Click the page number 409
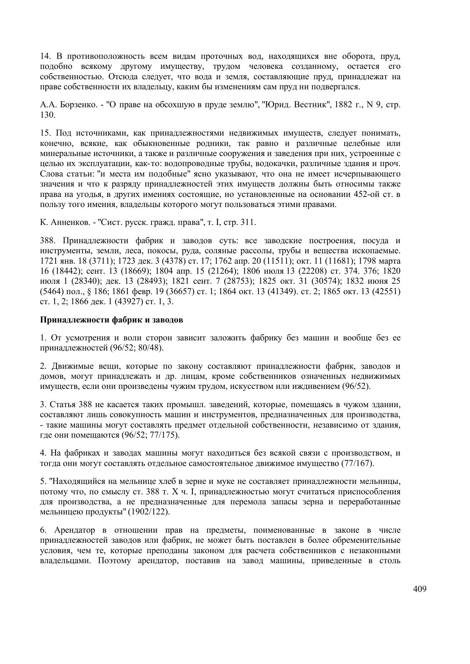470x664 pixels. [x=419, y=589]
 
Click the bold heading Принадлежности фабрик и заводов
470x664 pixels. [x=111, y=320]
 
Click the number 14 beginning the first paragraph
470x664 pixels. [x=44, y=56]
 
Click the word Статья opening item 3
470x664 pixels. [x=62, y=405]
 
